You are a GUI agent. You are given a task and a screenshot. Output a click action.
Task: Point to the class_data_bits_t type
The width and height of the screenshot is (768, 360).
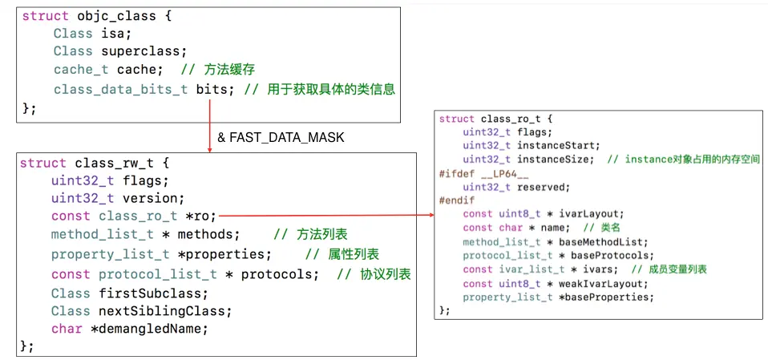(x=121, y=88)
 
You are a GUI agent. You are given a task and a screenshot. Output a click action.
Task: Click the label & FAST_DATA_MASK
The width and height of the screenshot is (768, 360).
(x=281, y=138)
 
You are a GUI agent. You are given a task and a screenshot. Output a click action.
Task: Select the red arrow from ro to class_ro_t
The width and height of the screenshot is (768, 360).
(x=325, y=215)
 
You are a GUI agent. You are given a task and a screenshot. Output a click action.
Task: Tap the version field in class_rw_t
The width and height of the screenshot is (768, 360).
(x=157, y=198)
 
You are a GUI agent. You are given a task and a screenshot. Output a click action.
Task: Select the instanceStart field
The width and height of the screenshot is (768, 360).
(x=559, y=145)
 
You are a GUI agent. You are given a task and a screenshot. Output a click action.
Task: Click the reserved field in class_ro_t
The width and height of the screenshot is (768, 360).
(x=544, y=187)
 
